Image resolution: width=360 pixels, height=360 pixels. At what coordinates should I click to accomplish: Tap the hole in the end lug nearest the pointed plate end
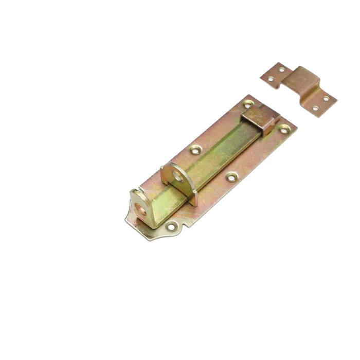(x=139, y=203)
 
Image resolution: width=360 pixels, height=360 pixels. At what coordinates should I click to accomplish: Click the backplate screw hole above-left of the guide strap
(x=248, y=103)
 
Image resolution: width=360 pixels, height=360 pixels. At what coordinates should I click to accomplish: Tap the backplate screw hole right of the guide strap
(x=283, y=129)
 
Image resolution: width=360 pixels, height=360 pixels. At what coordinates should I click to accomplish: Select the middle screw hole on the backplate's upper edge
(x=195, y=150)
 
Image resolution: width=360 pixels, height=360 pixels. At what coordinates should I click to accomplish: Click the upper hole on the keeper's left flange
(x=281, y=69)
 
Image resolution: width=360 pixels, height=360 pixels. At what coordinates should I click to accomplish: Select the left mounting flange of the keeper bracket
(x=275, y=75)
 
